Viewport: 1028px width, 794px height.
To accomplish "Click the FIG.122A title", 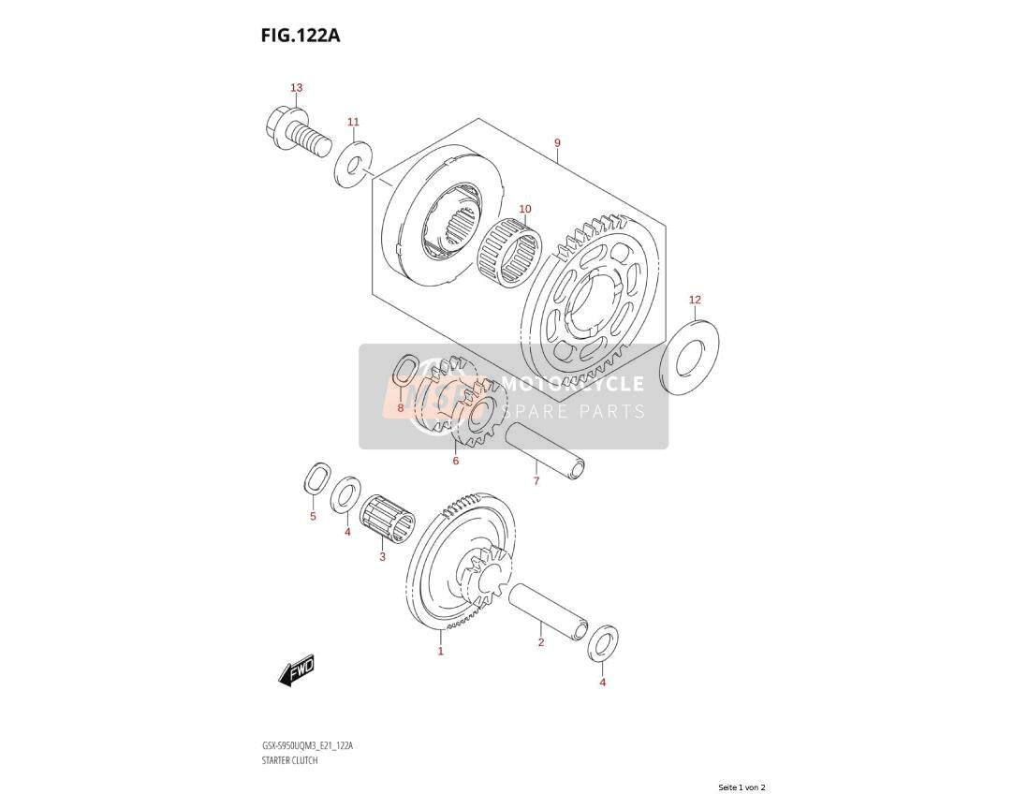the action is [301, 36].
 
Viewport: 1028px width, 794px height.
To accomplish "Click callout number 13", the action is [297, 88].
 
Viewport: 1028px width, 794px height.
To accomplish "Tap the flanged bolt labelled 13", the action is [298, 132].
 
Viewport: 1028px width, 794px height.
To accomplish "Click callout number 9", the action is [557, 142].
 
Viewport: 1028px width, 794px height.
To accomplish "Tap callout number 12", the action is [695, 300].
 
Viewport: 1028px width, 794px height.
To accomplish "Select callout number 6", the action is [456, 461].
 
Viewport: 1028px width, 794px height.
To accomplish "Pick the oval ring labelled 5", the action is [317, 478].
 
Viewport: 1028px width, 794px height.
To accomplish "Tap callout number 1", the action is [441, 651].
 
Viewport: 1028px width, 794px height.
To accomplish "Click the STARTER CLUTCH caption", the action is [290, 760].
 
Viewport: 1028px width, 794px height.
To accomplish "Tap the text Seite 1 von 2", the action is [742, 787].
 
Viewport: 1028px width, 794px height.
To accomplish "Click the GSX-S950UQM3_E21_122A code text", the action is [307, 746].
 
